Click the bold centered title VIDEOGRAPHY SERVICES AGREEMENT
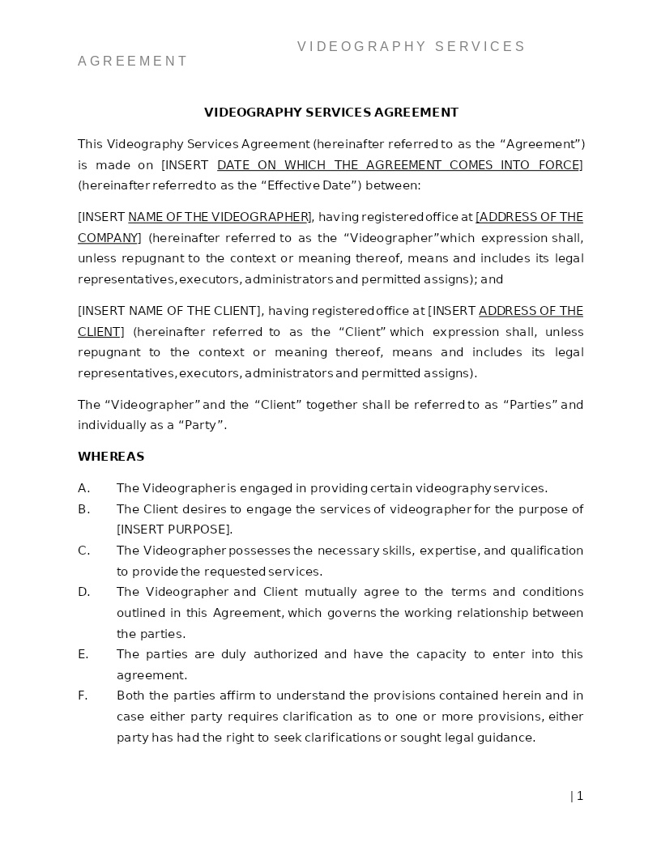pyautogui.click(x=330, y=113)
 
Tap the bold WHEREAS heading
pyautogui.click(x=111, y=457)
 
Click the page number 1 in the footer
pyautogui.click(x=580, y=796)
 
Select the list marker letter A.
pyautogui.click(x=83, y=488)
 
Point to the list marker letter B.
pyautogui.click(x=83, y=509)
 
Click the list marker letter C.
pyautogui.click(x=83, y=551)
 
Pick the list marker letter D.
pyautogui.click(x=83, y=592)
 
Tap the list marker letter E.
pyautogui.click(x=83, y=654)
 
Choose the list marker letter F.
pyautogui.click(x=83, y=695)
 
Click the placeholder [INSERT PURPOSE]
pyautogui.click(x=174, y=530)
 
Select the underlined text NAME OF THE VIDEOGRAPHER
pyautogui.click(x=218, y=217)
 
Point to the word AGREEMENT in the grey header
pyautogui.click(x=133, y=62)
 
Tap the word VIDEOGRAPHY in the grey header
pyautogui.click(x=361, y=47)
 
